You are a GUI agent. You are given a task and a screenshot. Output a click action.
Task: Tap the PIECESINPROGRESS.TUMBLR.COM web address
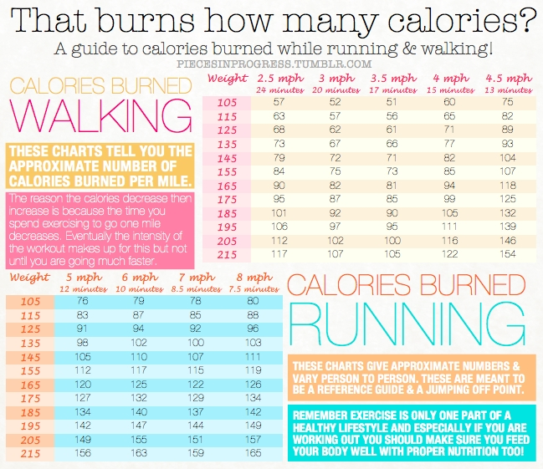[274, 64]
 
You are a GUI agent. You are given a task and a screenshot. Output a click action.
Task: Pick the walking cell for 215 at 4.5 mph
[507, 254]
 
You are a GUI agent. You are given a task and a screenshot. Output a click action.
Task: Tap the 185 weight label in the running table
[29, 412]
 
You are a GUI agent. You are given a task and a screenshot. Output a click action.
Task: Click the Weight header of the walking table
[227, 79]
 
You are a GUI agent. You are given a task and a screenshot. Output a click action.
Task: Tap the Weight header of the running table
[29, 276]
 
